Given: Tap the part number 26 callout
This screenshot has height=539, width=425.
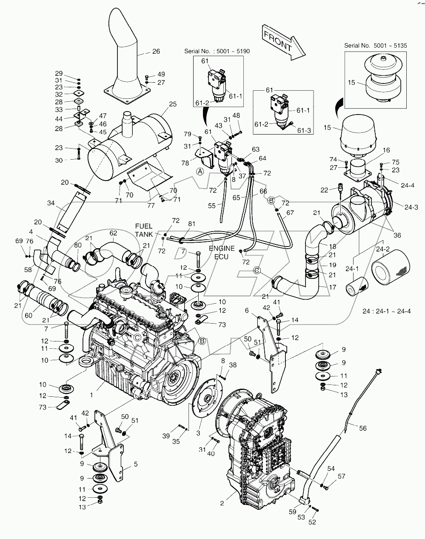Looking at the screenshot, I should point(156,52).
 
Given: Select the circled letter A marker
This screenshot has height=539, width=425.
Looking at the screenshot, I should point(199,171).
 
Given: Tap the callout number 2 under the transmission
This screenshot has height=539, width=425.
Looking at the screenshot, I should point(222,504).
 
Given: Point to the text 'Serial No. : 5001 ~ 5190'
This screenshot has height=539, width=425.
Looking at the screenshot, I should point(217,51).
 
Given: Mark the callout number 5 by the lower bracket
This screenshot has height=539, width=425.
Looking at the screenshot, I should point(135,464).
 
